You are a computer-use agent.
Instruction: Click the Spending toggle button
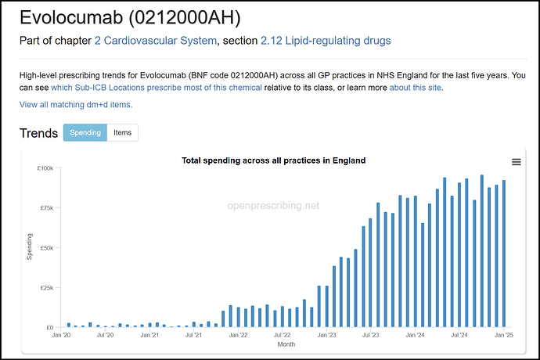pos(85,133)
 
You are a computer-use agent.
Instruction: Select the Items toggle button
pos(123,133)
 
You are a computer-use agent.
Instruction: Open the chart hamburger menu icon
pos(516,162)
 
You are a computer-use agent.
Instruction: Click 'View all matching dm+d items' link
pos(76,104)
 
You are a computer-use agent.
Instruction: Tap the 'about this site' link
pos(416,87)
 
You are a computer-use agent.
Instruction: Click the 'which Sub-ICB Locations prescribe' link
pos(157,87)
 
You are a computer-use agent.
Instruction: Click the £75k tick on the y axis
pos(45,208)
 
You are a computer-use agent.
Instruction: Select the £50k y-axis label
pos(45,248)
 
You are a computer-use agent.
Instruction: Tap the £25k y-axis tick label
pos(45,287)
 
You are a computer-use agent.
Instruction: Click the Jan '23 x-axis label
pos(328,335)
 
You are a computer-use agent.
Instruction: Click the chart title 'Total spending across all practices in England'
pos(273,160)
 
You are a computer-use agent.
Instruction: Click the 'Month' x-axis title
pos(285,344)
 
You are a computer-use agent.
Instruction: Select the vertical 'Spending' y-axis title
pos(30,247)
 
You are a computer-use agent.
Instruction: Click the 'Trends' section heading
pos(38,133)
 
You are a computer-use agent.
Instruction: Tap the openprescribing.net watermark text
pos(273,206)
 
